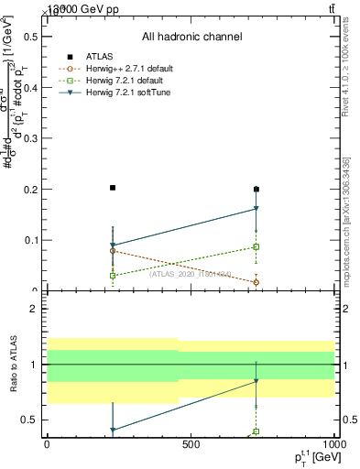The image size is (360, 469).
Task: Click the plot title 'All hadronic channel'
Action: click(191, 37)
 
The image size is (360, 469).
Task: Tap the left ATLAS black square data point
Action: click(113, 188)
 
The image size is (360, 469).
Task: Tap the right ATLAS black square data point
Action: click(256, 190)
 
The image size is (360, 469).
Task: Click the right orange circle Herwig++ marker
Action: click(256, 282)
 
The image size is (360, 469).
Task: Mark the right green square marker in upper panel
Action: click(256, 247)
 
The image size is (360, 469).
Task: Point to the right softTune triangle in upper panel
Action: click(256, 210)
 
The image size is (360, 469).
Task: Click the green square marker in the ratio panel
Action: click(256, 431)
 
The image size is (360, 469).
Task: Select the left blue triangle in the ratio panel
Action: click(113, 430)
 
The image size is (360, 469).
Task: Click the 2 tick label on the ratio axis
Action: click(33, 309)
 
